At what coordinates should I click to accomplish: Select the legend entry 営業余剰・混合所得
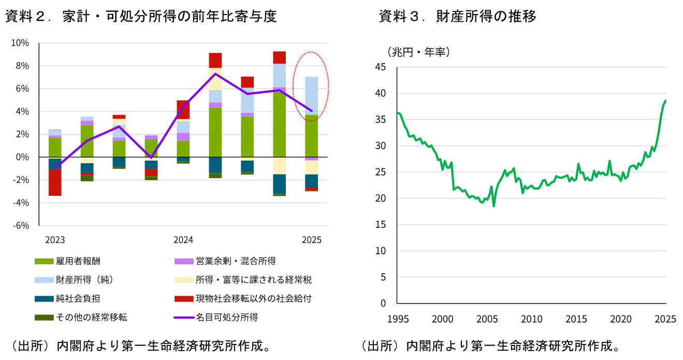click(x=236, y=261)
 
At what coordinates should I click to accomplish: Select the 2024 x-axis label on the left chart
click(x=183, y=240)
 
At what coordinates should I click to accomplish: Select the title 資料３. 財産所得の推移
click(x=457, y=17)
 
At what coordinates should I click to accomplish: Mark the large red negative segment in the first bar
click(x=55, y=182)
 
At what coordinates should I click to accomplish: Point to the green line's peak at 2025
click(x=665, y=101)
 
